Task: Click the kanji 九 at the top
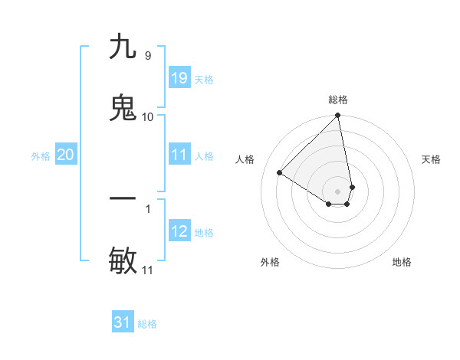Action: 123,47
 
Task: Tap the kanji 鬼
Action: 123,108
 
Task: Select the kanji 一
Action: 123,198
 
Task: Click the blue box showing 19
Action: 179,77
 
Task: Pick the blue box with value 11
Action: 179,155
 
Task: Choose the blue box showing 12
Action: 179,231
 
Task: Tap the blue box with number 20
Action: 66,155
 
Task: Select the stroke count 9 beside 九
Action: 147,55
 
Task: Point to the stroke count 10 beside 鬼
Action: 147,116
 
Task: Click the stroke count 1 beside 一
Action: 147,208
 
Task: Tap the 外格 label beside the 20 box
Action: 41,156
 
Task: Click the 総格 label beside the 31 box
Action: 147,324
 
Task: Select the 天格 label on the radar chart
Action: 431,159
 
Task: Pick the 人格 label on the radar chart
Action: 245,159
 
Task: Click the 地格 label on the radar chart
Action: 402,263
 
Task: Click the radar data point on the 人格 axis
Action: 280,173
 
